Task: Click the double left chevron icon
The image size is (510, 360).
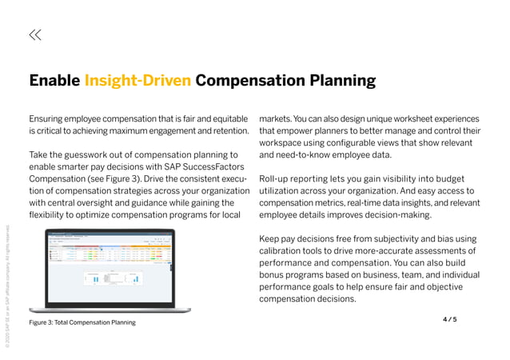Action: [35, 34]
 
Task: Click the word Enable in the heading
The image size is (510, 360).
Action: [54, 81]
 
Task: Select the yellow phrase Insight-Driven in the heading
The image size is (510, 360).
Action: [137, 81]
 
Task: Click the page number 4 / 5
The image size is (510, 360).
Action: [449, 319]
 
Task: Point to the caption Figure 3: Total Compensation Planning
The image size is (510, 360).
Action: [82, 322]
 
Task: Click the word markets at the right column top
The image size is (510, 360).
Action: [279, 118]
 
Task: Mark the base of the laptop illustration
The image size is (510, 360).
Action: [111, 309]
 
